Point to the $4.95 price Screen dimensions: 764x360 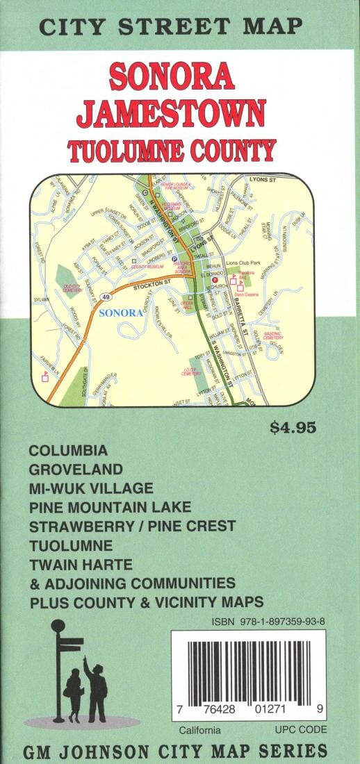pos(293,427)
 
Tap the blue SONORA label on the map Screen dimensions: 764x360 pos(122,313)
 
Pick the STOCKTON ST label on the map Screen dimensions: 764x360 pos(152,283)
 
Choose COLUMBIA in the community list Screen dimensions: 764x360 pos(68,450)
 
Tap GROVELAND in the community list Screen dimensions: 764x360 pos(75,469)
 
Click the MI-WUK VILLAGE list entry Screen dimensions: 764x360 pos(90,488)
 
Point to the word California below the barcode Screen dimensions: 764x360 pos(199,730)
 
